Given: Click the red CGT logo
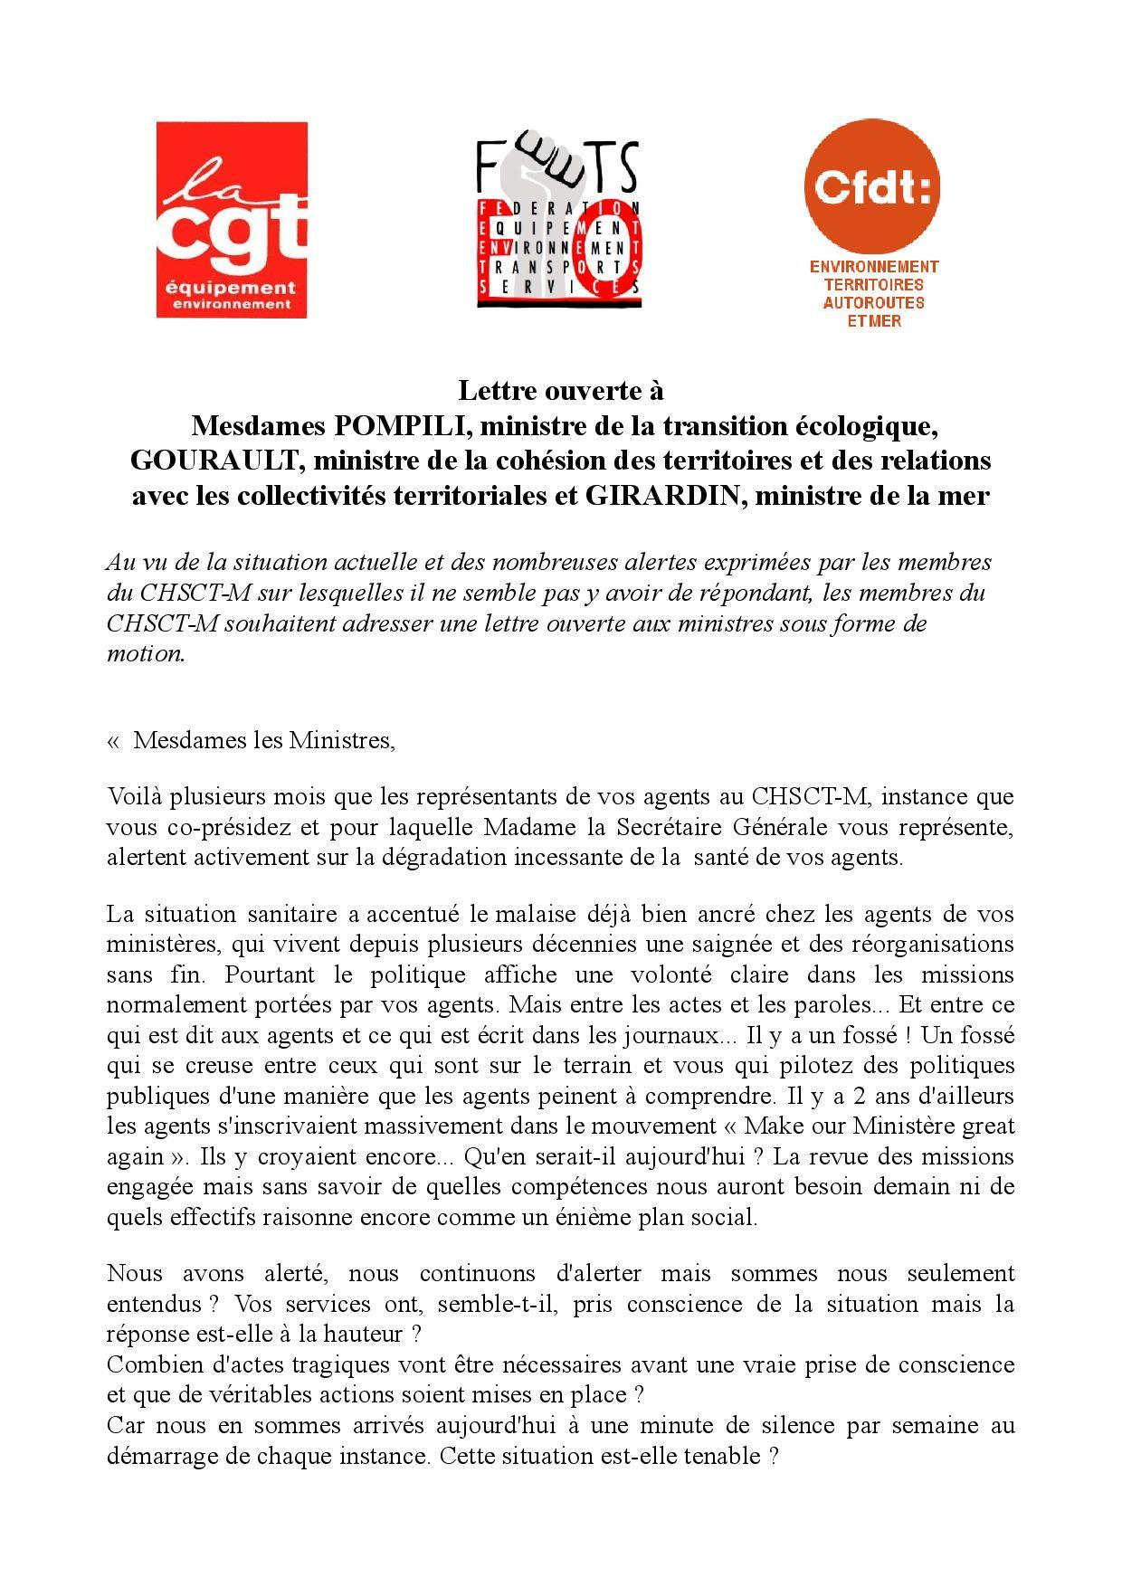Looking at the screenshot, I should coord(232,220).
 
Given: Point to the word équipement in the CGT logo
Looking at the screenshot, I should coord(232,289).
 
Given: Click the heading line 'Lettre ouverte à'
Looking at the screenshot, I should coord(560,391).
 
